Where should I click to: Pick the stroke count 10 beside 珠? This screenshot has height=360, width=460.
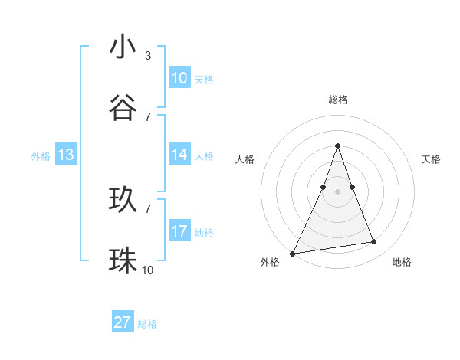[x=148, y=270]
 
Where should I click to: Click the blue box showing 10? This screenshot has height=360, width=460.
[x=179, y=78]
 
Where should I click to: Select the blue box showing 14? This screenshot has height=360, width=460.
[x=179, y=155]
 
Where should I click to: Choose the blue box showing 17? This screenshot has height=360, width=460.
[x=179, y=231]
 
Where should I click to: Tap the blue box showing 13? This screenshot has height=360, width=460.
[x=66, y=155]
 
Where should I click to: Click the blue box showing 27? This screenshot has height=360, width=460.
[x=122, y=322]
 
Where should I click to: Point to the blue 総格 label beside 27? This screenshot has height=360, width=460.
[x=147, y=324]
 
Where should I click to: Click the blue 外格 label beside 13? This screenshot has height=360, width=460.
[x=41, y=156]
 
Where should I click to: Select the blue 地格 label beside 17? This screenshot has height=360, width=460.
[x=204, y=233]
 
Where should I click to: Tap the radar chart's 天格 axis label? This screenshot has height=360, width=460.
[x=431, y=159]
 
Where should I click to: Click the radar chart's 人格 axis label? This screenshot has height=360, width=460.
[x=245, y=159]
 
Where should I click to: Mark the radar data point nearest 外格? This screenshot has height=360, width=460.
[x=292, y=254]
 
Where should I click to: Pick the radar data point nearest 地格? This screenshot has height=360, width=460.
[x=374, y=242]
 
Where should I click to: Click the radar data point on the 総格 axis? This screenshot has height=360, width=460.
[x=337, y=146]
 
